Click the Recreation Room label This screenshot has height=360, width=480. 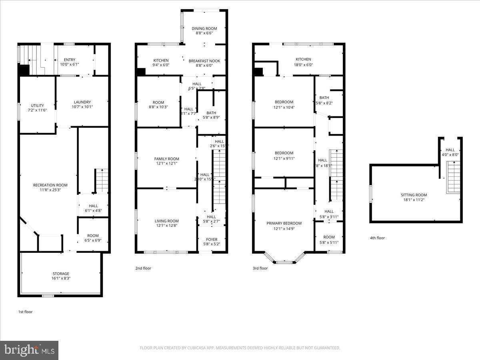(x=50, y=185)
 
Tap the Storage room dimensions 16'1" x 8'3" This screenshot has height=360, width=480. (x=60, y=278)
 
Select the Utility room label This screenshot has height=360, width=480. (x=37, y=106)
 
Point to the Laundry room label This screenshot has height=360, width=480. (x=82, y=102)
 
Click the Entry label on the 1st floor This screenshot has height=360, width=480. (x=70, y=60)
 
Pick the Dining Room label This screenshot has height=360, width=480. (x=204, y=28)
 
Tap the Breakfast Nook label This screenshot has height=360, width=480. (x=204, y=60)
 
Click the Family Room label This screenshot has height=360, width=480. (x=166, y=159)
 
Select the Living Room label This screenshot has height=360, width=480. (x=166, y=221)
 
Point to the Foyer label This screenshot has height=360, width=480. (x=212, y=240)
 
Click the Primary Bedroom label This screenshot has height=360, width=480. (x=284, y=223)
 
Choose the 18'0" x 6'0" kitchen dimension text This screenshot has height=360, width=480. (x=304, y=64)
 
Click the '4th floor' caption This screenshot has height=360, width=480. (x=377, y=238)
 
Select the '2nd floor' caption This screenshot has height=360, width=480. (x=143, y=268)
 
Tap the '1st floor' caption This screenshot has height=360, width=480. (x=25, y=312)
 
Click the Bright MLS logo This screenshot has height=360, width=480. (x=29, y=350)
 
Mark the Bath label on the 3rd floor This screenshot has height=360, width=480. (x=324, y=98)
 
